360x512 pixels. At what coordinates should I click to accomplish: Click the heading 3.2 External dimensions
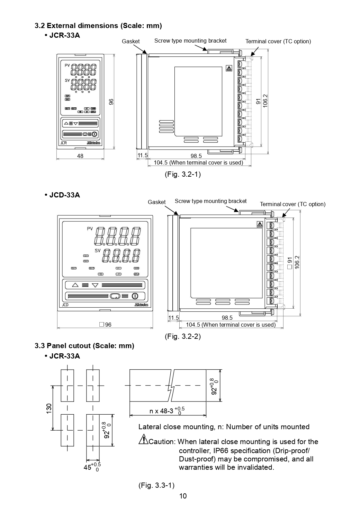click(x=98, y=26)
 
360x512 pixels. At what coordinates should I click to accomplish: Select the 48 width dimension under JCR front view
click(x=80, y=156)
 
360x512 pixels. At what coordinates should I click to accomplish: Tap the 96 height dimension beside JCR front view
click(x=111, y=102)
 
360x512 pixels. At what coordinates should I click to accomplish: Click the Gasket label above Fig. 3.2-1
click(x=130, y=41)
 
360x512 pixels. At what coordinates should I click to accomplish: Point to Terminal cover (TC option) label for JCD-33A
click(x=292, y=204)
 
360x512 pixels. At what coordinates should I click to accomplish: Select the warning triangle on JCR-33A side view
click(x=229, y=69)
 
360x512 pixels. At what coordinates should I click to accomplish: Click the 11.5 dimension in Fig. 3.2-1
click(x=143, y=156)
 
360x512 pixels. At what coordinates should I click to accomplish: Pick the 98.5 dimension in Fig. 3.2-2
click(x=227, y=318)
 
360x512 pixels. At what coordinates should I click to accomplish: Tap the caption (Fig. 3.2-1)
click(x=182, y=174)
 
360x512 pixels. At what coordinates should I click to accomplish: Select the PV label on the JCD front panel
click(x=90, y=229)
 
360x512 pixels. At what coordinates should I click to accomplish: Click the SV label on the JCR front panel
click(x=67, y=80)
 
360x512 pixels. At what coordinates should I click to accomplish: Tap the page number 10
click(x=183, y=496)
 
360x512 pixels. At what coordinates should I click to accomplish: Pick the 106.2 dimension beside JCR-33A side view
click(x=265, y=101)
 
